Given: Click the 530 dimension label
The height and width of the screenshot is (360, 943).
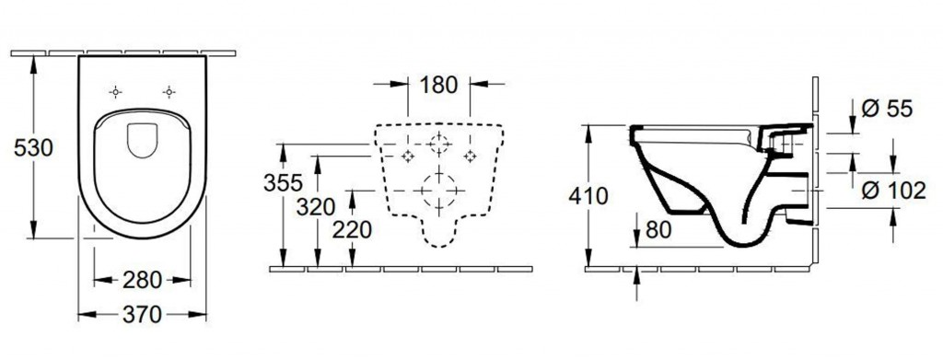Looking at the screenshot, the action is [34, 147].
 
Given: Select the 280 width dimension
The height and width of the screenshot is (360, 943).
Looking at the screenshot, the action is [142, 280].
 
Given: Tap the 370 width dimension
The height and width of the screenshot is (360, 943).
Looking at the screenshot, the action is [142, 314].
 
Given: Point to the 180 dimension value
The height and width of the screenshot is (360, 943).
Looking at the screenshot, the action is [438, 85].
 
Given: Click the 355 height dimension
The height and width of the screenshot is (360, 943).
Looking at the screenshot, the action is [283, 182].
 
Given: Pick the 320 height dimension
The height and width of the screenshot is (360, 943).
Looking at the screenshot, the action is [315, 207].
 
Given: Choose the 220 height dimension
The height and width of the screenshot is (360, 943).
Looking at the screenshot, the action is [353, 229].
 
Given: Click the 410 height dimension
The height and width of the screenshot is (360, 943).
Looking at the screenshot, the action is [588, 196].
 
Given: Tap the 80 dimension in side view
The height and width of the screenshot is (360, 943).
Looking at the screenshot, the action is [658, 229].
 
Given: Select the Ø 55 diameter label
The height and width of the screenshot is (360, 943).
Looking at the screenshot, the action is [887, 109].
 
